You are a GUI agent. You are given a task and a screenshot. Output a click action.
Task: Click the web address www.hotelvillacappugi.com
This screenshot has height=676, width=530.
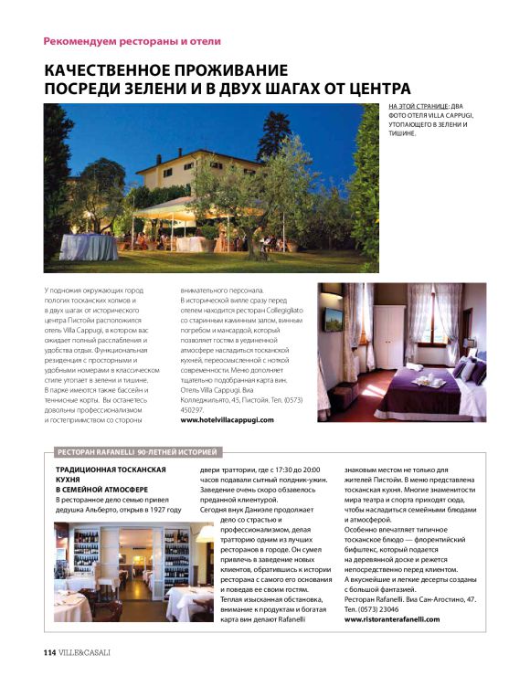[227, 419]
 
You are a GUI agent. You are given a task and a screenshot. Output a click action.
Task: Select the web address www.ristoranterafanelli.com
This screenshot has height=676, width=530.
[392, 618]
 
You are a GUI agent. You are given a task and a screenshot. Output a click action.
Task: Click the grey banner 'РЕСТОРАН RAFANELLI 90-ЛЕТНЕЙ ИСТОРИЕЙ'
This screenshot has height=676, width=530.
[137, 451]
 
